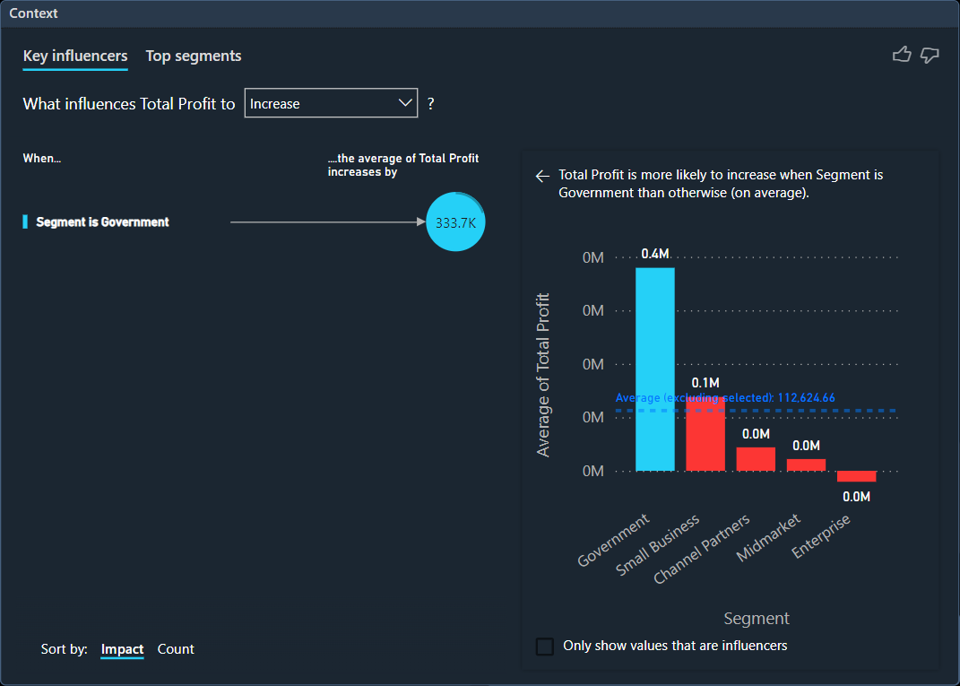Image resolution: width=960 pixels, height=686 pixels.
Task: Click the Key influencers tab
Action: [75, 56]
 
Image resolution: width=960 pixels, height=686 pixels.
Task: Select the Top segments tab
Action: [194, 56]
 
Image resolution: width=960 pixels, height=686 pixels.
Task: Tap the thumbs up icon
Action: [902, 56]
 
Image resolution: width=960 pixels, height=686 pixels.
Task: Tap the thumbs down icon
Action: [930, 56]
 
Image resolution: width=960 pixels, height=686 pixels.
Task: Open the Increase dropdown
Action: [331, 103]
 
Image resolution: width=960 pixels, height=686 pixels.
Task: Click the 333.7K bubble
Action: [455, 221]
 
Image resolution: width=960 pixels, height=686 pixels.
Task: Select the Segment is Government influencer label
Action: [102, 221]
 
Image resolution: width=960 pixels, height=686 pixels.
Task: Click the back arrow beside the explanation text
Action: [542, 176]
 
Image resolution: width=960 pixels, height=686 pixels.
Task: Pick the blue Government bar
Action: [655, 369]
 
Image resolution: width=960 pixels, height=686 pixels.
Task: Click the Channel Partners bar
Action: [756, 458]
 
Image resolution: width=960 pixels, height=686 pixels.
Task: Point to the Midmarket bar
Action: [806, 465]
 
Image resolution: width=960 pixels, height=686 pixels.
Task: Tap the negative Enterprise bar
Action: [856, 476]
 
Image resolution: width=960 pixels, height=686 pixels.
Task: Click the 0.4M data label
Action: [655, 254]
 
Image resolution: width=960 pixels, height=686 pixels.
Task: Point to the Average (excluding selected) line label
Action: [725, 397]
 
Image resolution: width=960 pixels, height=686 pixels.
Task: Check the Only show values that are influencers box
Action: [544, 646]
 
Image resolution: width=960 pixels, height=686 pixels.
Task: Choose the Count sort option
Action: [176, 649]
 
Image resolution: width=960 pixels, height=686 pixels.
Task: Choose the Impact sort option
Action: [122, 649]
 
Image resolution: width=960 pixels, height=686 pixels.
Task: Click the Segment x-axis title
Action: [757, 619]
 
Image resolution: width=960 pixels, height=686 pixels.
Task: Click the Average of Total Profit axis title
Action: [543, 375]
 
